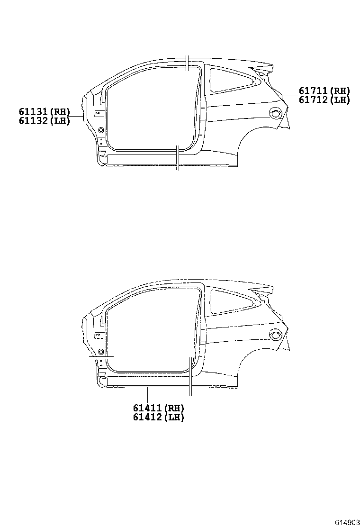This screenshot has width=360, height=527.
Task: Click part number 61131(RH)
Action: coord(45,112)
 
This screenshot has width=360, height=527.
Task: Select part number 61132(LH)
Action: coord(45,121)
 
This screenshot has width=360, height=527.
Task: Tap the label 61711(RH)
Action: coord(324,91)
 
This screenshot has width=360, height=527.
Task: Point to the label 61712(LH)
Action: coord(324,100)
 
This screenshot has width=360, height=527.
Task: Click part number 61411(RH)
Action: coord(158,408)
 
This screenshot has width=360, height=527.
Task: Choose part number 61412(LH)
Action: coord(158,418)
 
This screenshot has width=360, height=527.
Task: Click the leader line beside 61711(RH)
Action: coord(289,95)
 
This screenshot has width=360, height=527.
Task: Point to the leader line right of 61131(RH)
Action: coord(76,116)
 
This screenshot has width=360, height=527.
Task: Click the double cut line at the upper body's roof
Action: coord(188,63)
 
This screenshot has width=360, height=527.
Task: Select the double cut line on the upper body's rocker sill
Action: coord(177,158)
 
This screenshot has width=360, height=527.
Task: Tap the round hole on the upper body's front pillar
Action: coord(100,130)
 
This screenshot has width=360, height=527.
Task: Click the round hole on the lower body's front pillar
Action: coord(101,351)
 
